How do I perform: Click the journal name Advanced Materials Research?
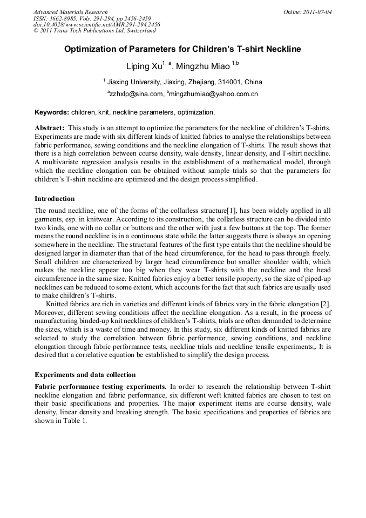[70, 12]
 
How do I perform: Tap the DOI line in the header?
[97, 24]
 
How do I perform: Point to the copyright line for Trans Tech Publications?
[93, 31]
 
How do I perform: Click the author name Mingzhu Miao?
[203, 67]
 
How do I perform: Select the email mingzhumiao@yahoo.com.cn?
[213, 94]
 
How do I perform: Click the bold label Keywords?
[51, 112]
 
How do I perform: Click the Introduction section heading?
[55, 199]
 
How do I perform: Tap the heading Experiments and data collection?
[85, 374]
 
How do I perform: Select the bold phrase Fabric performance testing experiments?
[100, 387]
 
